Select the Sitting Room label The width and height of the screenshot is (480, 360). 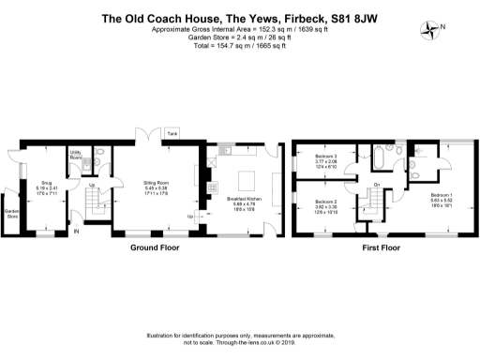pyautogui.click(x=156, y=184)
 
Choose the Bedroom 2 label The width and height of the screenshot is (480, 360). pyautogui.click(x=325, y=202)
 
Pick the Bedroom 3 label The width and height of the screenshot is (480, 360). pyautogui.click(x=325, y=158)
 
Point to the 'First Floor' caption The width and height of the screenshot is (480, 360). pyautogui.click(x=381, y=250)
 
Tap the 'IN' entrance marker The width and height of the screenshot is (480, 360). pyautogui.click(x=76, y=233)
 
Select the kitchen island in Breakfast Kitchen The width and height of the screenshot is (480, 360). pyautogui.click(x=248, y=178)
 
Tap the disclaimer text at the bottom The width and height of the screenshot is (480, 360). pyautogui.click(x=239, y=338)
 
